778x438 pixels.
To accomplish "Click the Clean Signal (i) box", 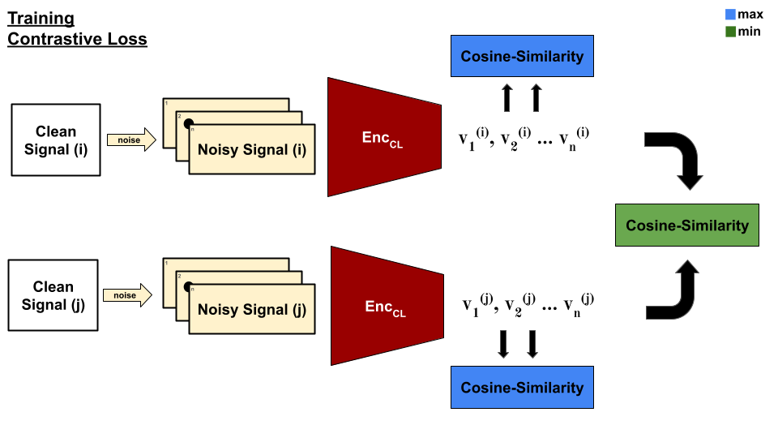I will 56,140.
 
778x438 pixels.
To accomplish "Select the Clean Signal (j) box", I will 53,295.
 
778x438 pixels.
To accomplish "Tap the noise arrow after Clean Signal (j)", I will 127,295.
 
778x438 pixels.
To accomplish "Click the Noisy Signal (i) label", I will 253,149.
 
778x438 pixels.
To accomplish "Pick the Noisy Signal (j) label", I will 252,309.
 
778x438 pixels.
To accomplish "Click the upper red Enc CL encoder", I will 383,137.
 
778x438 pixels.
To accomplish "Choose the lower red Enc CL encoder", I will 386,307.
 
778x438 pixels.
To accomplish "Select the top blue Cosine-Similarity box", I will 522,56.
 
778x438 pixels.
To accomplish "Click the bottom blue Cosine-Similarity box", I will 522,387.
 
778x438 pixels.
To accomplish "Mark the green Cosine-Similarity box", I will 687,225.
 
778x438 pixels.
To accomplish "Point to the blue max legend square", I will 730,15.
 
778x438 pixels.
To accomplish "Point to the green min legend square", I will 730,32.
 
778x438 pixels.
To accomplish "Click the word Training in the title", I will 41,18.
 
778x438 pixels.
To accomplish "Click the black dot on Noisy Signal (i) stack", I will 188,124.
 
